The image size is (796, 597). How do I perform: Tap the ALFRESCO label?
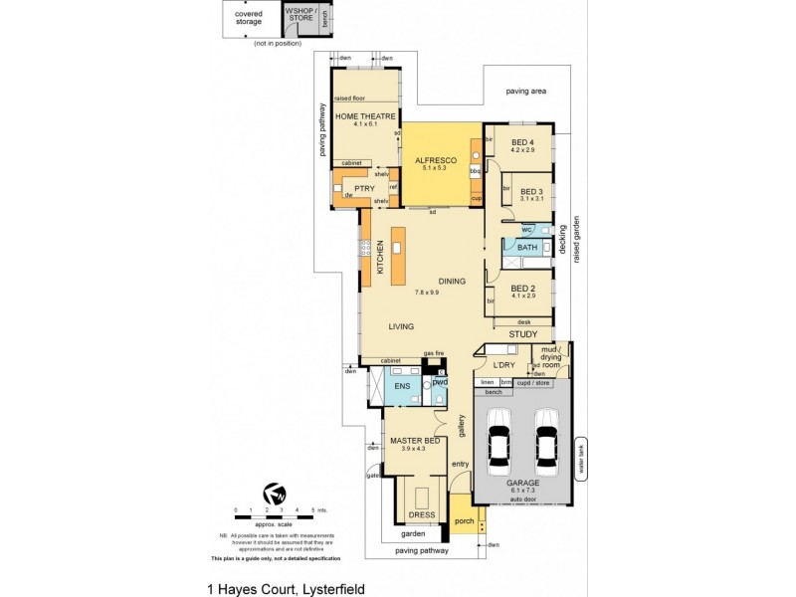click(x=435, y=160)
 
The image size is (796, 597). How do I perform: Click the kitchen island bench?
click(x=399, y=255)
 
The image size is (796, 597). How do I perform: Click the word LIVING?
click(x=401, y=326)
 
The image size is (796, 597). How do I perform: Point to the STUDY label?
click(x=522, y=334)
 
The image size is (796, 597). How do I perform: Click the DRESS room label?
click(x=421, y=515)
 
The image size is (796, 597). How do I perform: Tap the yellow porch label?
click(x=464, y=519)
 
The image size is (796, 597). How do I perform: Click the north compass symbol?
click(x=274, y=495)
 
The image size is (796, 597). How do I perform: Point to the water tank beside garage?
click(x=582, y=461)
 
